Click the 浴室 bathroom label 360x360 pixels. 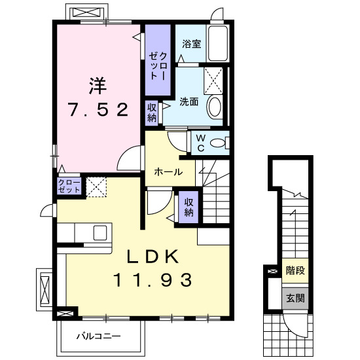coord(191,44)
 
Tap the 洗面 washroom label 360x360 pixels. coord(189,101)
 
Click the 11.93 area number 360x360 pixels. coord(153,280)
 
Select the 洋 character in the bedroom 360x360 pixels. coord(98,84)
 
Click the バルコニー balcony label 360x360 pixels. coord(98,336)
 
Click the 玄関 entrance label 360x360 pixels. coord(295,298)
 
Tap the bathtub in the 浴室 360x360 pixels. coord(217,43)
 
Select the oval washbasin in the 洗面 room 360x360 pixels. coord(214,107)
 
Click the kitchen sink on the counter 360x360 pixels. coord(100,232)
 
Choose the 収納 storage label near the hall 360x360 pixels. coord(189,207)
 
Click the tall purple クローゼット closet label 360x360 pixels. coord(158,65)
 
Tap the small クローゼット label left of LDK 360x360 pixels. coord(69,185)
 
